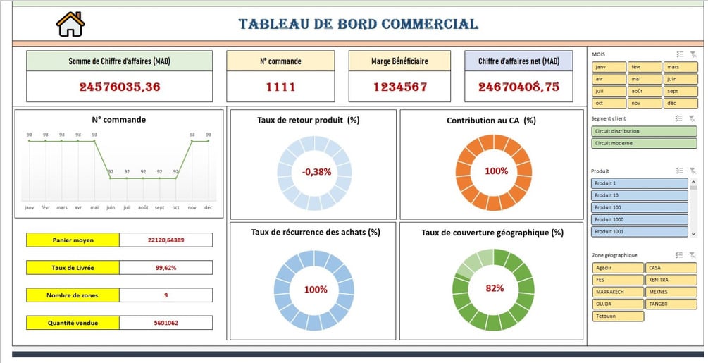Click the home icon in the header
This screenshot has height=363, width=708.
pos(70,24)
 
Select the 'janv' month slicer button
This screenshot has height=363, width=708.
pos(609,67)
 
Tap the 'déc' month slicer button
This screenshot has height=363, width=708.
pos(680,103)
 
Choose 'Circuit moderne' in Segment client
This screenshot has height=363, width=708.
pos(639,143)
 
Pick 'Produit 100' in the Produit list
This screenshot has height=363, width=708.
pos(639,207)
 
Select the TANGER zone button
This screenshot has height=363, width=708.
pos(671,304)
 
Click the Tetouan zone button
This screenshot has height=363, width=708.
pos(618,316)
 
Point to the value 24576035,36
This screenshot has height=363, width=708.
pos(119,87)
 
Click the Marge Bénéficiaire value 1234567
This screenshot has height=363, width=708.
pos(399,87)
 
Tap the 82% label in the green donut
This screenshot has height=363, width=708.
pos(495,288)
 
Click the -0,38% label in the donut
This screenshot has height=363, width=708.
pos(316,171)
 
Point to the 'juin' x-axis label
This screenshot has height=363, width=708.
pos(110,208)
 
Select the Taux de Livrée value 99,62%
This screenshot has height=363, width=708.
pos(166,268)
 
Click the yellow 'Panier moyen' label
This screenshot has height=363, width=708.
pos(73,240)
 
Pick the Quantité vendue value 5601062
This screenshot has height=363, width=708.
pos(166,323)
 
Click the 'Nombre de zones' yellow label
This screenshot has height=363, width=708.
pos(73,295)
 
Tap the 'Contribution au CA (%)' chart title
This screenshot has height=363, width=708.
pos(491,121)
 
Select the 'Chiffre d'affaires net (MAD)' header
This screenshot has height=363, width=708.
pos(518,61)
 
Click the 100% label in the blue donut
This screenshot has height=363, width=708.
pos(316,290)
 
